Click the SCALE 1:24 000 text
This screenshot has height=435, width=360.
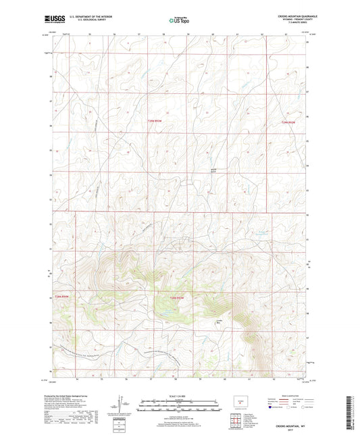(x=179, y=395)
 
